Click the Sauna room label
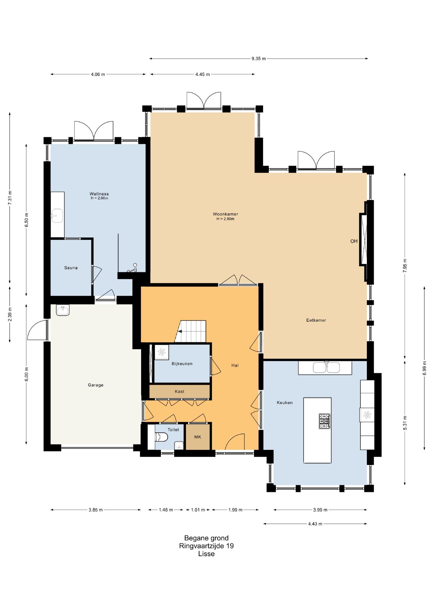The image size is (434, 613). [71, 268]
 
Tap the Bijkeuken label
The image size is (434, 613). [182, 364]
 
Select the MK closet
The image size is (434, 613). [198, 437]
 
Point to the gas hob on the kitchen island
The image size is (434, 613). [324, 421]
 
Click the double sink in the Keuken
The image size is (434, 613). [326, 368]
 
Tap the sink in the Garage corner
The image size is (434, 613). [63, 310]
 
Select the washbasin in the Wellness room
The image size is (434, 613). [57, 216]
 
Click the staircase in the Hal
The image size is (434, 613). [191, 331]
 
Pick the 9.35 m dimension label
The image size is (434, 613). [259, 59]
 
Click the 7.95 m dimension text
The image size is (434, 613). [405, 265]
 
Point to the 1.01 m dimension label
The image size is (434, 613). [198, 510]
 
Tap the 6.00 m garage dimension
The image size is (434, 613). [26, 374]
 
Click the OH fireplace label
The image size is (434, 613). [354, 241]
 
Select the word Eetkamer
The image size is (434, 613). [316, 320]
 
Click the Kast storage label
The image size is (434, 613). [180, 392]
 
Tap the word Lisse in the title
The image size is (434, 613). [207, 554]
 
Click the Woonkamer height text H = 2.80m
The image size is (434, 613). [225, 219]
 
